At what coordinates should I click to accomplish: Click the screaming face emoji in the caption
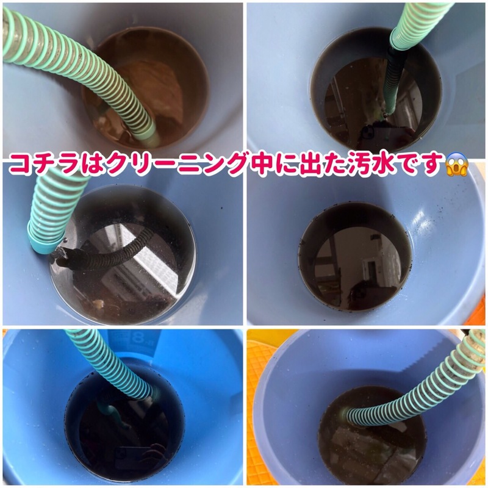pyautogui.click(x=456, y=165)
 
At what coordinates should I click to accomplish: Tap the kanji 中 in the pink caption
pyautogui.click(x=258, y=164)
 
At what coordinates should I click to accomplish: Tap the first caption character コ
pyautogui.click(x=20, y=164)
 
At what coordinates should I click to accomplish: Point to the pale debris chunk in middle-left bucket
pyautogui.click(x=99, y=303)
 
